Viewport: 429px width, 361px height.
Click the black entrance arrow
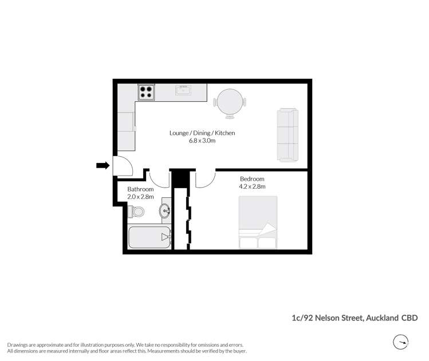tap(103, 165)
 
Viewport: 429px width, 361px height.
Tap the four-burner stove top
tap(145, 92)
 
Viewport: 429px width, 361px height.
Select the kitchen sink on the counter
tap(184, 89)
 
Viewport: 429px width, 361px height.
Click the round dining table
tap(230, 102)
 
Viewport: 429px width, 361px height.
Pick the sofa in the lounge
tap(288, 134)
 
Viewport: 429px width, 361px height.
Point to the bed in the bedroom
tap(258, 222)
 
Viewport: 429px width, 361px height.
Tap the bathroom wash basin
tap(165, 211)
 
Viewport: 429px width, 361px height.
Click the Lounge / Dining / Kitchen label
tap(202, 133)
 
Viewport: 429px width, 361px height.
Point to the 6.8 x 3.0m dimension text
tap(202, 141)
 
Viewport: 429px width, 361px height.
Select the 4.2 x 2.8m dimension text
tap(252, 187)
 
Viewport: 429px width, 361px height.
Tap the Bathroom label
tap(140, 189)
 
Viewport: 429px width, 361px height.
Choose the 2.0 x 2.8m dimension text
tap(140, 197)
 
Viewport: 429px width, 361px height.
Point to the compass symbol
tap(400, 342)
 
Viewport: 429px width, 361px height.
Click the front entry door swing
tap(123, 165)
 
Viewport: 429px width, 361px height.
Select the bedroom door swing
tap(204, 178)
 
